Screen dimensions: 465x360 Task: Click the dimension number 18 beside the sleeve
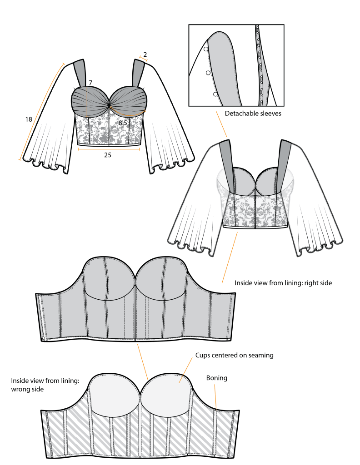[x=29, y=119]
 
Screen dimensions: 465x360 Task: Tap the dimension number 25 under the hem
[x=108, y=155]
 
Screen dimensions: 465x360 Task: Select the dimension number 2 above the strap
[x=145, y=54]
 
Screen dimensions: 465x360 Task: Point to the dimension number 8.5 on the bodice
[x=123, y=123]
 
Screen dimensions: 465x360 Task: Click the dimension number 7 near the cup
[x=90, y=83]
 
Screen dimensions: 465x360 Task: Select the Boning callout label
[x=216, y=378]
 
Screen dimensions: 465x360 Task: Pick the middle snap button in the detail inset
[x=208, y=73]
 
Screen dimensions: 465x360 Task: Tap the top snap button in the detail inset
[x=205, y=49]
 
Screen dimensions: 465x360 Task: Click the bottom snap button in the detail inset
[x=215, y=94]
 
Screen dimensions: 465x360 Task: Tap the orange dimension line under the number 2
[x=144, y=59]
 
